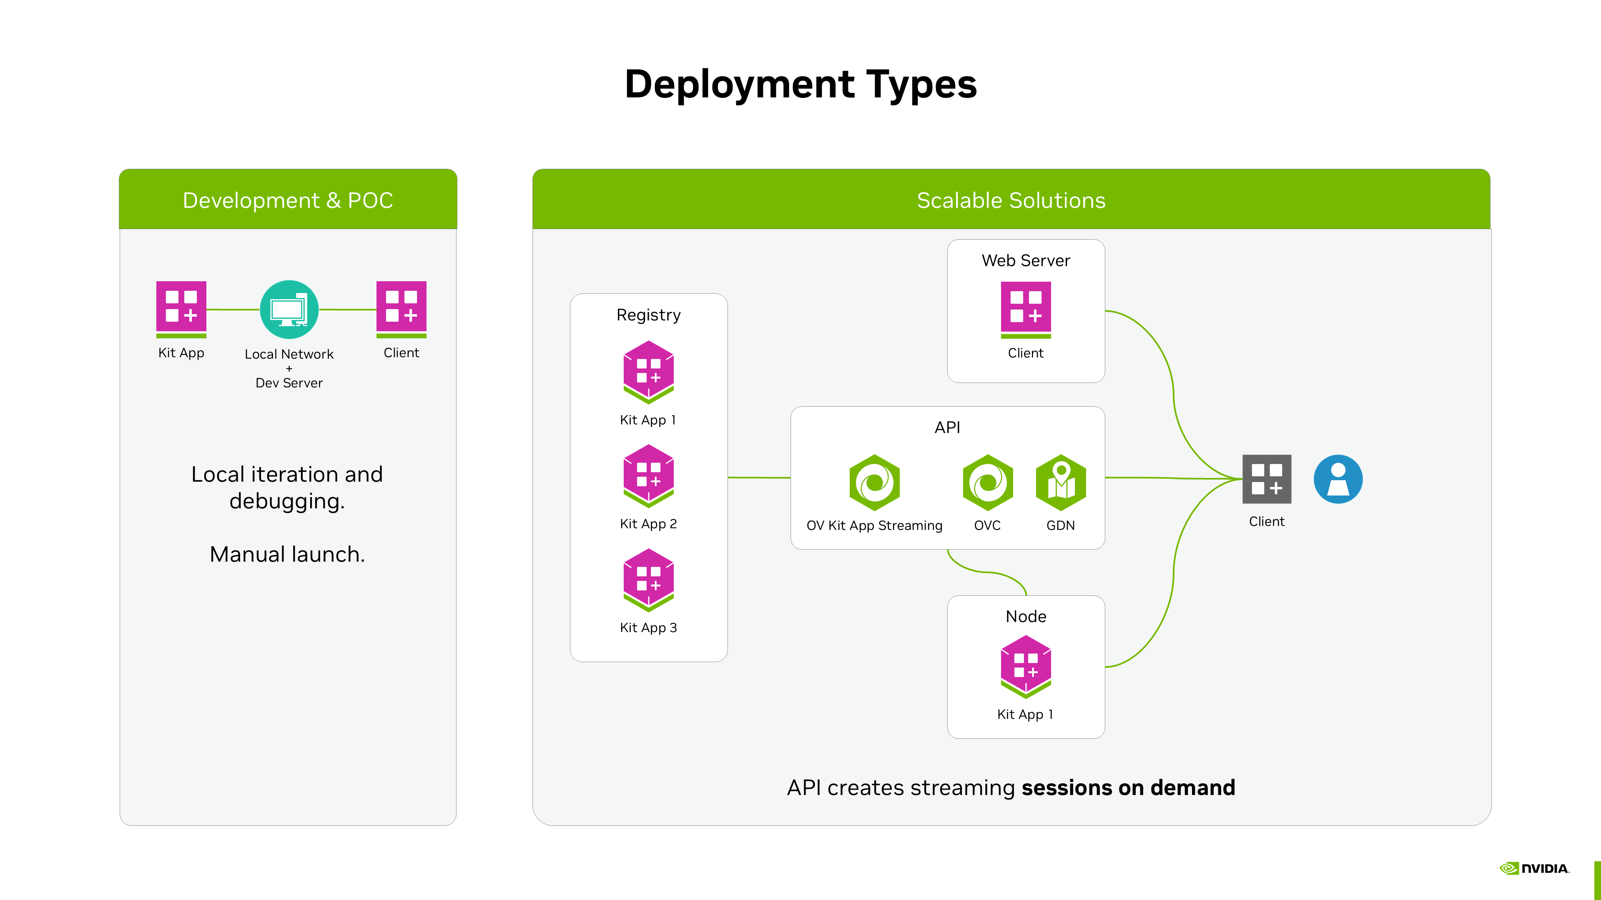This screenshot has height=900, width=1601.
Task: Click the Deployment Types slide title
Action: pyautogui.click(x=800, y=85)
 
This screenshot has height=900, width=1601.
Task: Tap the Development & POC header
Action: pyautogui.click(x=288, y=200)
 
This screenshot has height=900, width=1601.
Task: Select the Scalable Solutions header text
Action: pyautogui.click(x=1011, y=200)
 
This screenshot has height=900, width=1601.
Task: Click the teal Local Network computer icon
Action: pyautogui.click(x=289, y=309)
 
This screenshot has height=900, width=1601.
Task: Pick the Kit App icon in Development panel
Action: pyautogui.click(x=181, y=308)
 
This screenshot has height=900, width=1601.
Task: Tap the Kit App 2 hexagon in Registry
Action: pyautogui.click(x=648, y=475)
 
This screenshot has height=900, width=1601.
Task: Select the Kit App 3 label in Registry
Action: pyautogui.click(x=648, y=627)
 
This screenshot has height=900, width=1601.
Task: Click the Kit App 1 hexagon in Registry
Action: pyautogui.click(x=648, y=371)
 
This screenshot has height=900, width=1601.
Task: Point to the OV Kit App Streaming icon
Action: pyautogui.click(x=874, y=482)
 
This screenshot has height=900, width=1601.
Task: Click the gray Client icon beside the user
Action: pyautogui.click(x=1266, y=478)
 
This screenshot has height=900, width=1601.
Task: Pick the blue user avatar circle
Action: pyautogui.click(x=1338, y=478)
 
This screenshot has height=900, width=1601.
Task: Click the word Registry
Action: pyautogui.click(x=648, y=315)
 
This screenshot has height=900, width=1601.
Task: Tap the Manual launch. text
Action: pyautogui.click(x=287, y=554)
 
